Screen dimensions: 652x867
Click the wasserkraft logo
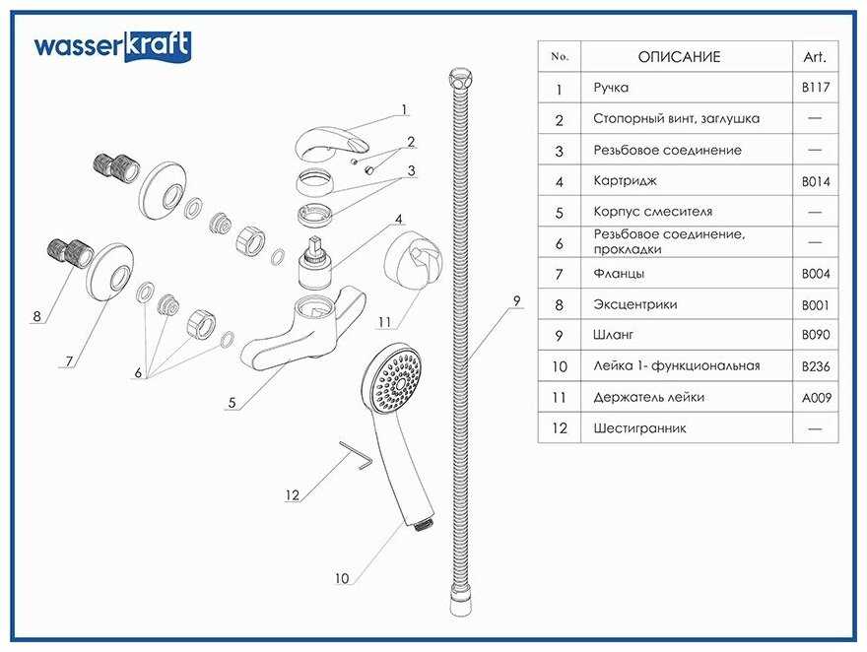click(x=112, y=46)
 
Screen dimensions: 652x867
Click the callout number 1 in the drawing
click(x=404, y=109)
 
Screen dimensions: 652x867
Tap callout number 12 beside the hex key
click(x=292, y=495)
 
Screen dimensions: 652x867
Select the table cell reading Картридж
click(x=625, y=181)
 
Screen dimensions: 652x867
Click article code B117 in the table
click(x=816, y=88)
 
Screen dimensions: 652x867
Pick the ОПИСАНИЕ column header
click(x=679, y=57)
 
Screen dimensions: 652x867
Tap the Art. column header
click(x=816, y=57)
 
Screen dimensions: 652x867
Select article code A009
click(x=816, y=397)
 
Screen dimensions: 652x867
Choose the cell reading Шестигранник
click(x=639, y=428)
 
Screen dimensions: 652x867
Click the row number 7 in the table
click(x=559, y=275)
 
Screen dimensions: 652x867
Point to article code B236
click(x=816, y=366)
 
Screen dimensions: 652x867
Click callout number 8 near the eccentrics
click(x=36, y=316)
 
